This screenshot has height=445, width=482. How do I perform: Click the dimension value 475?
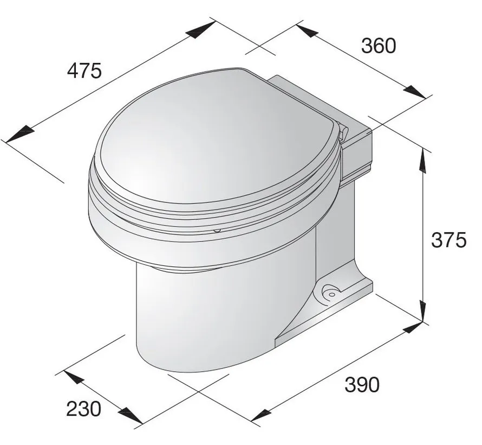click(x=84, y=71)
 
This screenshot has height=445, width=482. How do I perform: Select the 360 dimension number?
click(x=379, y=46)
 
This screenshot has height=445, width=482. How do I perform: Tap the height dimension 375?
click(x=448, y=239)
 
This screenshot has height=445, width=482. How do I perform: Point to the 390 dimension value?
click(x=362, y=384)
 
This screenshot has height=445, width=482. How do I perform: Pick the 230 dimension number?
click(x=83, y=408)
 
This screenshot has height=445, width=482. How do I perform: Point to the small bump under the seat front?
click(x=217, y=231)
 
